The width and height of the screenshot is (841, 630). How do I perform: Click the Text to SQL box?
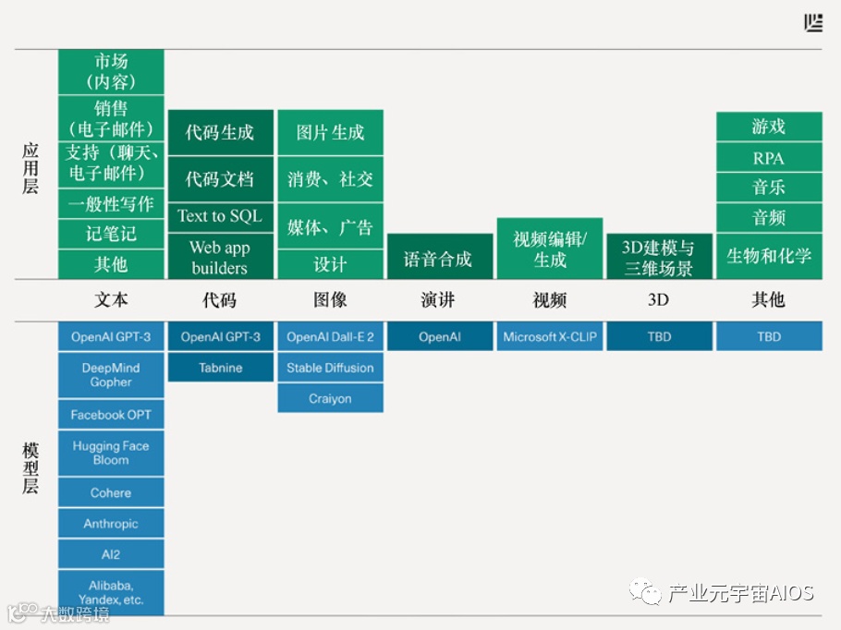[x=220, y=216]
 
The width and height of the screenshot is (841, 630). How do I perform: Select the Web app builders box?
[x=220, y=257]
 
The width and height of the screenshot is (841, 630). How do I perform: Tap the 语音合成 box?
[x=439, y=258]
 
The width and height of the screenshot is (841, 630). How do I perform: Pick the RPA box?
[x=768, y=157]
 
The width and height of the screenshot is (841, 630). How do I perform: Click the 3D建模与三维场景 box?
[x=658, y=258]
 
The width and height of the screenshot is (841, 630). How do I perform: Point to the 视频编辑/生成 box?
[x=549, y=249]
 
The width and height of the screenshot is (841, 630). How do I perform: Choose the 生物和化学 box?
[x=768, y=256]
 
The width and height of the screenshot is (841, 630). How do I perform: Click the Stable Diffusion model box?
[x=330, y=368]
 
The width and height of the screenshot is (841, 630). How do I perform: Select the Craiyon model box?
[x=330, y=398]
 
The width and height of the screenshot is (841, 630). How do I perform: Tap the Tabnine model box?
[x=220, y=368]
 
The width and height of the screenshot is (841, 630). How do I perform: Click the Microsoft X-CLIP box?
[x=549, y=336]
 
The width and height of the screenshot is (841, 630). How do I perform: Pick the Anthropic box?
[x=111, y=524]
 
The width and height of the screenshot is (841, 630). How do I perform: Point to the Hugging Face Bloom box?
[x=111, y=453]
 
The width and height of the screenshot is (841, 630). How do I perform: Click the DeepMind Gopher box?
[x=111, y=375]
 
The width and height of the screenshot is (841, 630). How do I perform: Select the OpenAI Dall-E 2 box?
[x=330, y=336]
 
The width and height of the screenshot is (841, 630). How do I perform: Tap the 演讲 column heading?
[x=439, y=299]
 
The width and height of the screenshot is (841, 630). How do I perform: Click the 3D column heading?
[x=658, y=299]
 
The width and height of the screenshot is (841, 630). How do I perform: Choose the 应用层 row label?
[x=30, y=167]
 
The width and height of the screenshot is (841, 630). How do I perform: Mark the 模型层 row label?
[x=30, y=467]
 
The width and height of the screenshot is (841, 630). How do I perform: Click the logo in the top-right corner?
[x=813, y=23]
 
